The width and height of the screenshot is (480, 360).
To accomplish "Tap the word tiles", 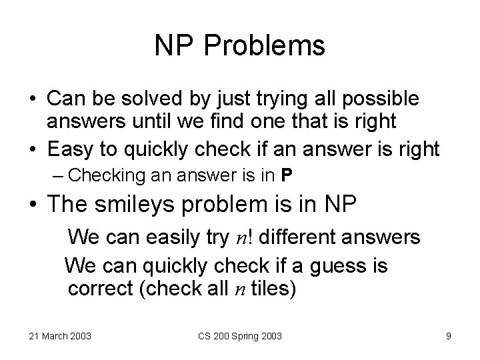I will [x=277, y=290].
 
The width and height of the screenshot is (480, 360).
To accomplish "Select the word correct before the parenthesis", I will [x=99, y=290].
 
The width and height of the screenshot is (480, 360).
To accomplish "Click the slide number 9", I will [x=448, y=335].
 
